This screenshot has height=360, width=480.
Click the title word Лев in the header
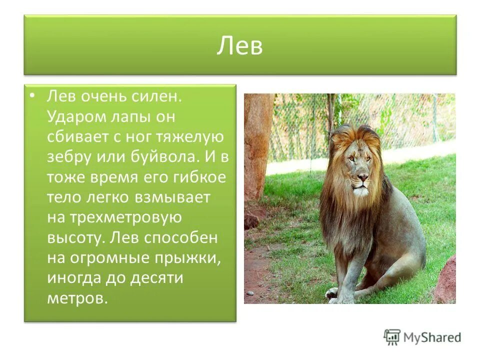tap(239, 46)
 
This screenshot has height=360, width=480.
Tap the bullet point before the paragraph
tap(32, 96)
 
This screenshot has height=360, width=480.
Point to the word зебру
tap(69, 157)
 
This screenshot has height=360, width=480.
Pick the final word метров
tap(77, 298)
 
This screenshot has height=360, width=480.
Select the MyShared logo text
tap(433, 337)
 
